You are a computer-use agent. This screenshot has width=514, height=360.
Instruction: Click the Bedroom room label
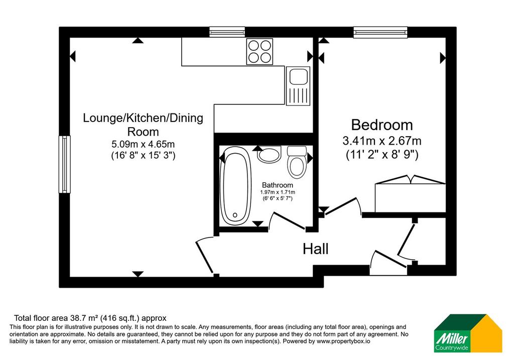point(382,125)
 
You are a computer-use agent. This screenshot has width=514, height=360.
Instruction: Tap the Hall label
point(315,249)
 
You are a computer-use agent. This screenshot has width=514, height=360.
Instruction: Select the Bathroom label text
point(277,185)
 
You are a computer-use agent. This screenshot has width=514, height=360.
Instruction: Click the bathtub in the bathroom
point(236,186)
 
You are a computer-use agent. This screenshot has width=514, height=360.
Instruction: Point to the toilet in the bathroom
point(297,162)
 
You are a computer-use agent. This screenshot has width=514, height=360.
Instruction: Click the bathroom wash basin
point(269,155)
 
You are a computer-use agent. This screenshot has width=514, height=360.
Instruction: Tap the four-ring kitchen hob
point(260,52)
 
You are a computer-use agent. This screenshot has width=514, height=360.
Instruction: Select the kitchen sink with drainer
point(298,86)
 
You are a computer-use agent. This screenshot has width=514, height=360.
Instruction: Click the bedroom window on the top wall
point(380,32)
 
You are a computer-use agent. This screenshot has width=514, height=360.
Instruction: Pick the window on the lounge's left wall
point(65,164)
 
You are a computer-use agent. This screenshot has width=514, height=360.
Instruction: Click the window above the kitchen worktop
point(227,32)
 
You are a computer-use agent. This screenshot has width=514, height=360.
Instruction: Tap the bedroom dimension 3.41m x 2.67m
point(382,141)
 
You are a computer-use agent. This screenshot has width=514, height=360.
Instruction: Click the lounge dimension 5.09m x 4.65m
point(143,144)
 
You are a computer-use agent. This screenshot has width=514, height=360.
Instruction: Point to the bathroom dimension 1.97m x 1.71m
point(277,192)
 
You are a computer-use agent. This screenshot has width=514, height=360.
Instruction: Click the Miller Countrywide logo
point(468,333)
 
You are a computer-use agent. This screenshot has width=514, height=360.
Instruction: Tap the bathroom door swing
point(287,221)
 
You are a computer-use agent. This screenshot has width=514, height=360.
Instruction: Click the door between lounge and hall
point(205,255)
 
